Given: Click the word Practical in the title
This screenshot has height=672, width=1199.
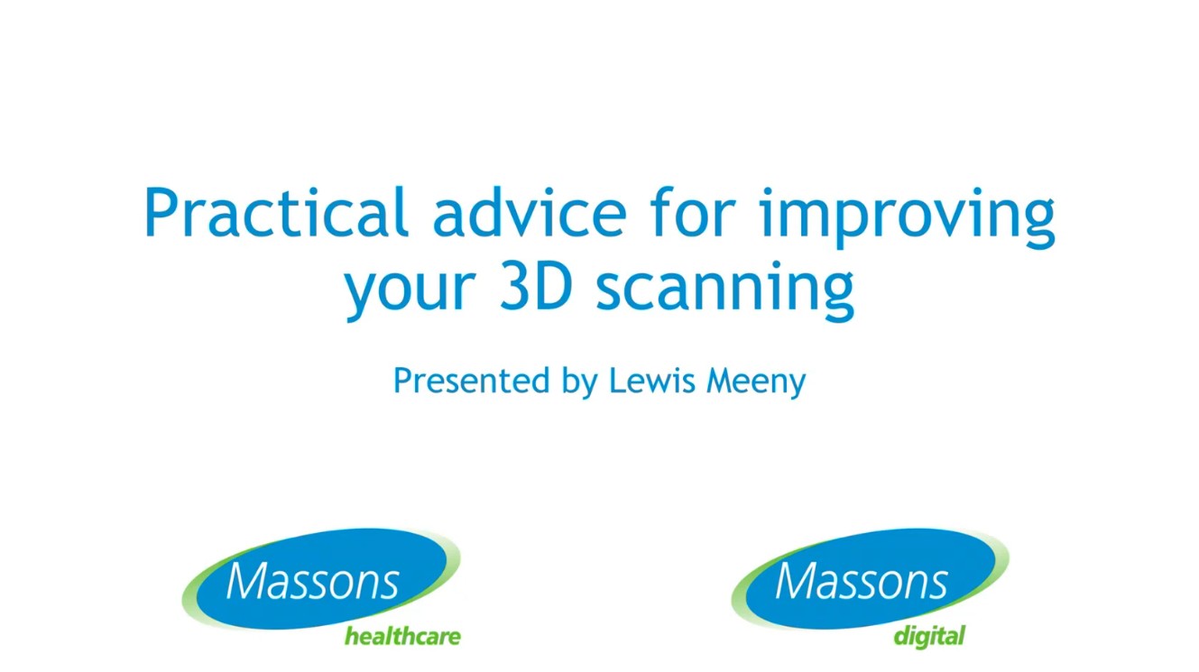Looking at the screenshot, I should coord(275,215).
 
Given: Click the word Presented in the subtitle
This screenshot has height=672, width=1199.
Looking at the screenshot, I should coord(472,381).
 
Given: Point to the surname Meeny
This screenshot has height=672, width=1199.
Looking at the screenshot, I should coord(755,382).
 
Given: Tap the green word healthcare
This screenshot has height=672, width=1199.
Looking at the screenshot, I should coord(402,637).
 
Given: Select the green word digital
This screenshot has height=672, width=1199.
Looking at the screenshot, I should coord(929,637).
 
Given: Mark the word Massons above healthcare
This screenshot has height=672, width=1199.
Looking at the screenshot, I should coord(312,581).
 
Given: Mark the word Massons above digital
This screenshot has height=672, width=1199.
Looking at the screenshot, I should coord(861,581).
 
